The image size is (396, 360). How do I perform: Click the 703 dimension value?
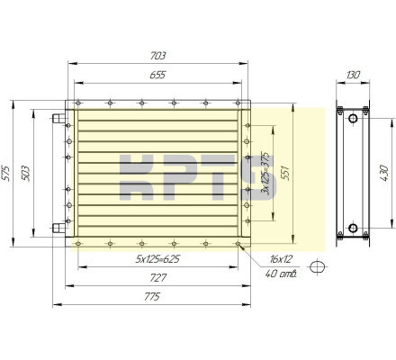tap(157, 56)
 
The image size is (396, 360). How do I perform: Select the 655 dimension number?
tap(157, 75)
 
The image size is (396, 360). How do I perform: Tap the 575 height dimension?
tap(6, 173)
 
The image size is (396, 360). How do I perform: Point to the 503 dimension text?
tap(25, 173)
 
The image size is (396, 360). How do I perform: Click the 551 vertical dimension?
tap(285, 173)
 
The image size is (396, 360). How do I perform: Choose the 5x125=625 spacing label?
tap(157, 259)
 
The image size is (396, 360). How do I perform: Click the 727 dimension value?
tap(157, 278)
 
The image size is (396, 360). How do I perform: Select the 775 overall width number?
tap(152, 297)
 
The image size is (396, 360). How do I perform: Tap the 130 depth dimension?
tap(353, 75)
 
